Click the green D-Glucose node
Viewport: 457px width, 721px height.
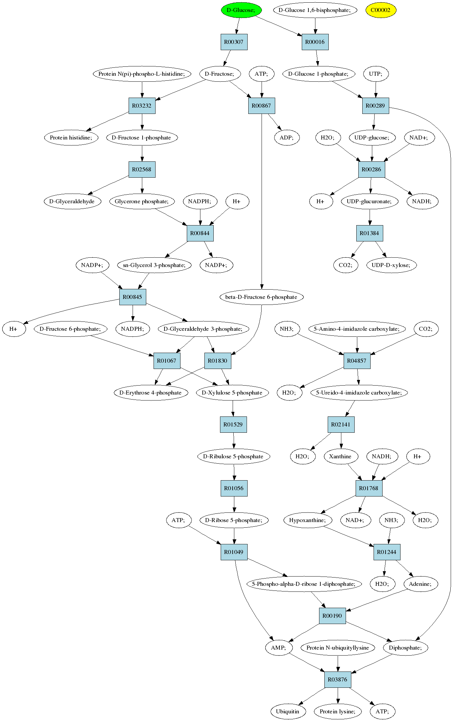pyautogui.click(x=241, y=10)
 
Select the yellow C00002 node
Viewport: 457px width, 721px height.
pyautogui.click(x=381, y=10)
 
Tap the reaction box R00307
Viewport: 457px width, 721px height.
pyautogui.click(x=234, y=42)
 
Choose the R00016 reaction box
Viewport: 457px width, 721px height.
pyautogui.click(x=315, y=42)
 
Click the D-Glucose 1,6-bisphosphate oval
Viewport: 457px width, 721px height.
pyautogui.click(x=315, y=10)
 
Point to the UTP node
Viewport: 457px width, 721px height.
pyautogui.click(x=376, y=74)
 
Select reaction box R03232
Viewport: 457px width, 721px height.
pyautogui.click(x=142, y=106)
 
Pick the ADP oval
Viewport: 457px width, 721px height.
pyautogui.click(x=287, y=137)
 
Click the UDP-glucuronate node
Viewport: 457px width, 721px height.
pyautogui.click(x=370, y=201)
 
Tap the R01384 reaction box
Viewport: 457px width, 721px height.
pyautogui.click(x=370, y=233)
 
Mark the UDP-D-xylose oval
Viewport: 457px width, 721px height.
pyautogui.click(x=391, y=265)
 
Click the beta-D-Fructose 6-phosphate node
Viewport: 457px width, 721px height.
pyautogui.click(x=262, y=297)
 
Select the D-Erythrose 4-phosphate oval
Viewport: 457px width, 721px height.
pyautogui.click(x=151, y=393)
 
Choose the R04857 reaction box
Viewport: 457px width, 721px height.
pyautogui.click(x=357, y=361)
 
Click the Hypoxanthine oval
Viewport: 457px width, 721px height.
pyautogui.click(x=307, y=520)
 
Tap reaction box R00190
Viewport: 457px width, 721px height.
pyautogui.click(x=332, y=616)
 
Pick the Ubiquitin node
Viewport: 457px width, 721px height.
pyautogui.click(x=288, y=711)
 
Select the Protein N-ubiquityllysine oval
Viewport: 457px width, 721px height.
pyautogui.click(x=338, y=648)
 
